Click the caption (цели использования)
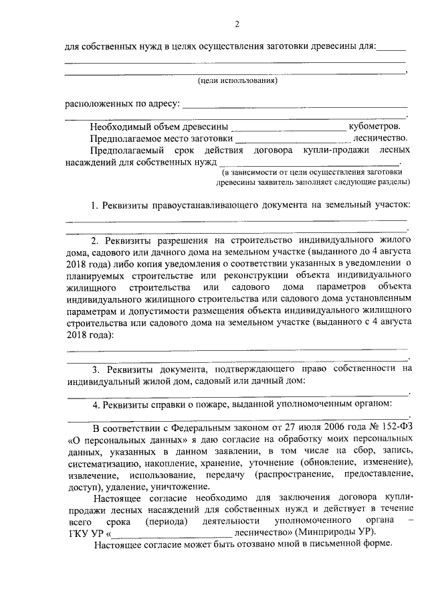pyautogui.click(x=237, y=81)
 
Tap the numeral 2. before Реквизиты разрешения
pyautogui.click(x=95, y=240)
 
